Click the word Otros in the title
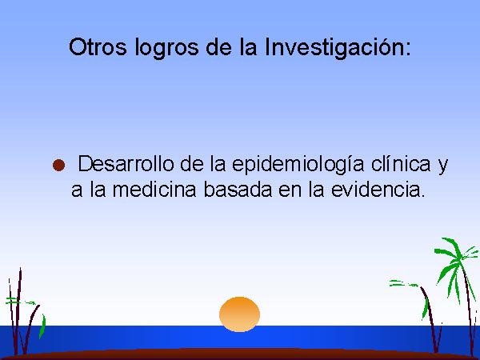tap(98, 47)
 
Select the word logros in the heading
tap(166, 48)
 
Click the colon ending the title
tap(407, 50)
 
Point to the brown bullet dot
tap(58, 165)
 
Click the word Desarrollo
tap(126, 164)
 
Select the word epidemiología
tap(298, 165)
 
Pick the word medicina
tap(154, 189)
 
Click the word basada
tap(238, 189)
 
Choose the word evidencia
tap(376, 189)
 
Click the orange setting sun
tap(239, 314)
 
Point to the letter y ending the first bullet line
tap(442, 166)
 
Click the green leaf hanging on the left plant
tap(42, 326)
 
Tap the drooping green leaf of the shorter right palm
tap(426, 306)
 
